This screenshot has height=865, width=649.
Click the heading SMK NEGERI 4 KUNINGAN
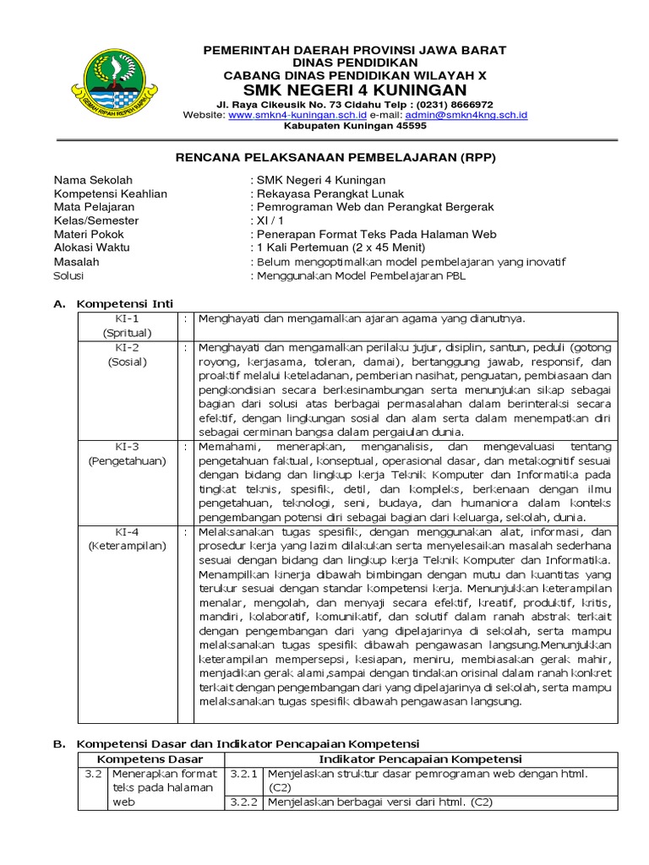click(x=354, y=90)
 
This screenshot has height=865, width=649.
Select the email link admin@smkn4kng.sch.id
click(x=466, y=114)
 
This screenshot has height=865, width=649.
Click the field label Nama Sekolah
click(x=94, y=180)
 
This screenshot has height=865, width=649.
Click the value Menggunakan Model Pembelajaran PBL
click(x=361, y=275)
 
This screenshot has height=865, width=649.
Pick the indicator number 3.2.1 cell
click(x=244, y=774)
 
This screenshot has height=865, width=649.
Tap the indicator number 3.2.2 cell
click(x=244, y=802)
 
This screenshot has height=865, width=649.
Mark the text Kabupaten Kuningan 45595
click(x=354, y=126)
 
